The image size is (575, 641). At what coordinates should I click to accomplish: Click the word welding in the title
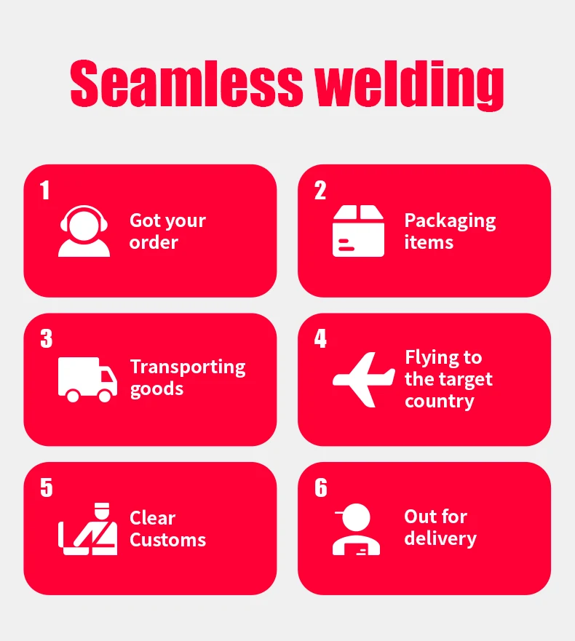410,85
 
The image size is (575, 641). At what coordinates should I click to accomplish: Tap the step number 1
45,191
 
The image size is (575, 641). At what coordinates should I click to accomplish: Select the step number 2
320,191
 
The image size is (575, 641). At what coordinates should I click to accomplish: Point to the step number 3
47,339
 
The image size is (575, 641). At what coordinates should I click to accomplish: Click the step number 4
320,339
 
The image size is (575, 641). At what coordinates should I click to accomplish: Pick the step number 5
47,487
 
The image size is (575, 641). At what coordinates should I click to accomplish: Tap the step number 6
321,487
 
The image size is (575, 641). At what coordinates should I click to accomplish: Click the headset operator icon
84,231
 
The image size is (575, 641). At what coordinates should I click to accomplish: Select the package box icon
358,231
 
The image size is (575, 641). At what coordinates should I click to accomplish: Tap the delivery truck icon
87,380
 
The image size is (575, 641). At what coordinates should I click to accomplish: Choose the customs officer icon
88,529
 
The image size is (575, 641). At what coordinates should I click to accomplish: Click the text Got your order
167,231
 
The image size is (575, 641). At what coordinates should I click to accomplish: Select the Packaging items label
450,231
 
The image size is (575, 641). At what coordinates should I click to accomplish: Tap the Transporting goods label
188,378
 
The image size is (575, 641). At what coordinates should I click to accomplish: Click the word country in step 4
440,402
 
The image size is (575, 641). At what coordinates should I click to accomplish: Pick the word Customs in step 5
167,541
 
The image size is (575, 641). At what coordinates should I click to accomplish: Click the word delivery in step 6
440,539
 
